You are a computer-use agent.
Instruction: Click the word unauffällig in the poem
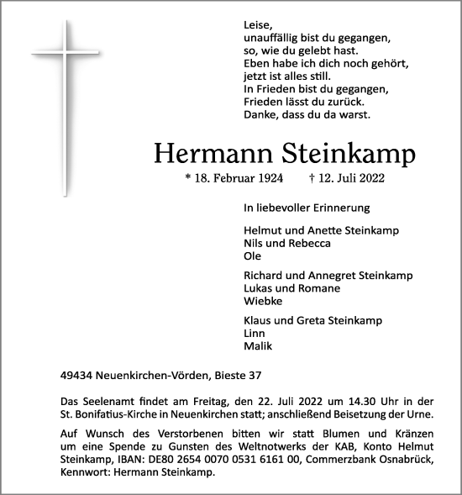[271, 39]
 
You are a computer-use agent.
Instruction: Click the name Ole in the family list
[251, 255]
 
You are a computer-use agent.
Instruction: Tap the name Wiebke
[261, 301]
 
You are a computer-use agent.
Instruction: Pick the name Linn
[254, 333]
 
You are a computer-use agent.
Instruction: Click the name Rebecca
[308, 243]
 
